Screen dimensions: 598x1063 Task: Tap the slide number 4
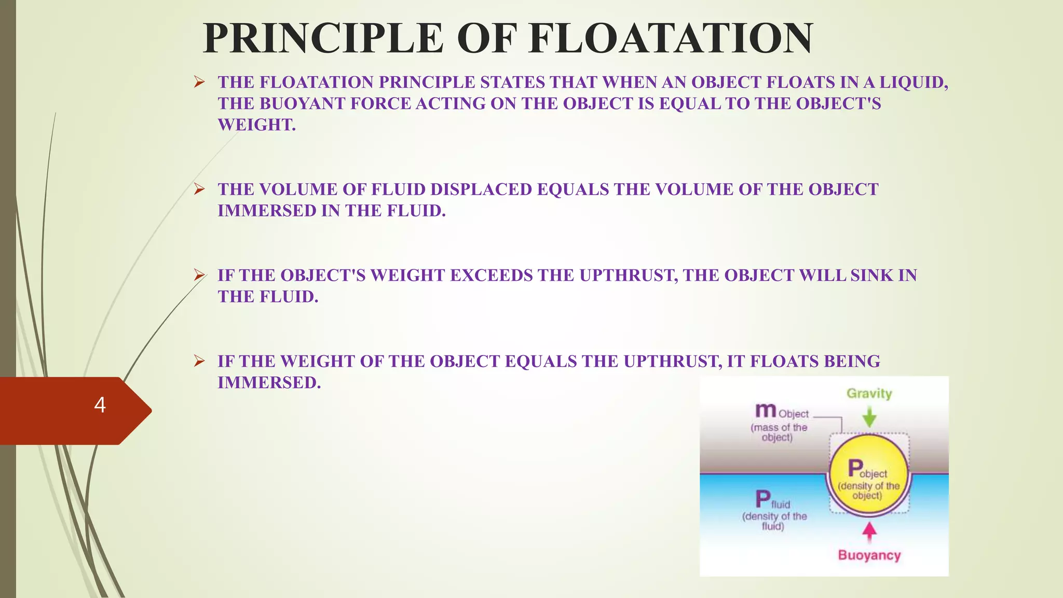100,405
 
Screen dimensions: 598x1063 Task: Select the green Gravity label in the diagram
869,393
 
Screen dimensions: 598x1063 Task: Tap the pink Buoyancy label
869,555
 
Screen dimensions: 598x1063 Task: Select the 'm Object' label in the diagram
782,412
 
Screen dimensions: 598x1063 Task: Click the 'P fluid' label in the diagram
772,500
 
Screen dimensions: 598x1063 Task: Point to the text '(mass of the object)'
779,432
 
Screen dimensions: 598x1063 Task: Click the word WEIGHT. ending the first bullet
256,125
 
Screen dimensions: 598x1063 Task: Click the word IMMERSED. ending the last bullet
269,383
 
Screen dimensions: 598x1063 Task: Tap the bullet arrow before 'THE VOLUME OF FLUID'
199,189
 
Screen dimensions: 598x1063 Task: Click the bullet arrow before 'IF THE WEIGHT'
199,361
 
